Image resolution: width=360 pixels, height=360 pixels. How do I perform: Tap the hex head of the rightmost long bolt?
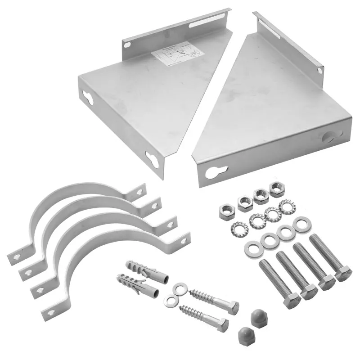pos(343,273)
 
